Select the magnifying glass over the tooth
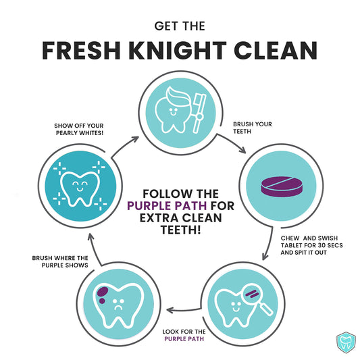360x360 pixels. pos(256,297)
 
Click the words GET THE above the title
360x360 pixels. pos(179,26)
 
